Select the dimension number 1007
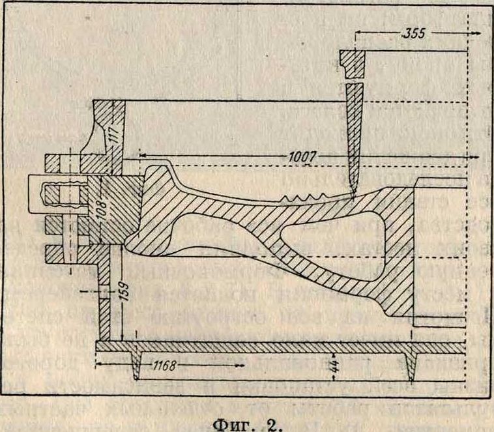[304, 157]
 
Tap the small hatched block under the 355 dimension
[354, 65]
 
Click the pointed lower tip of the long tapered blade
[353, 195]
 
